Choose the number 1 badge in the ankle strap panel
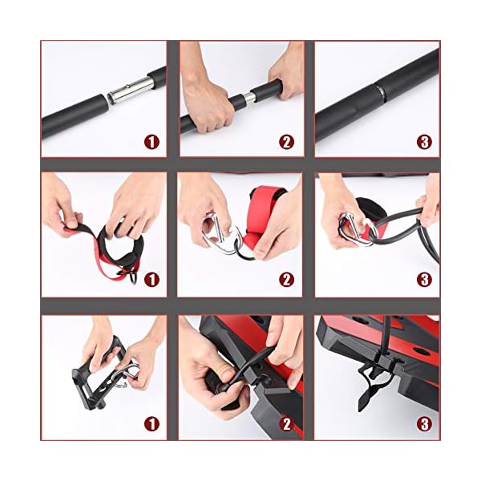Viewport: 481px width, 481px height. [152, 280]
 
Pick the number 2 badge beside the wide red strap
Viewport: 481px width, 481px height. [287, 280]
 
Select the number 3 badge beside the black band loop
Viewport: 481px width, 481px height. [425, 280]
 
